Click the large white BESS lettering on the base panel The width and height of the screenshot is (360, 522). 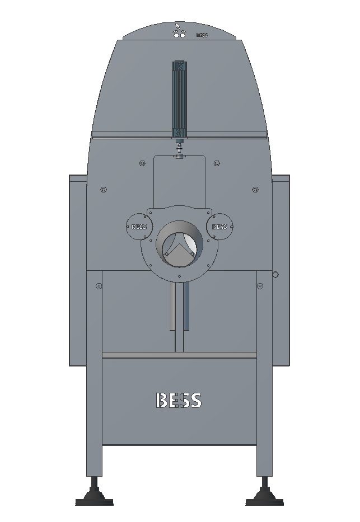coord(178,400)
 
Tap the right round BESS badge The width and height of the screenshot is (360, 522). coord(220,227)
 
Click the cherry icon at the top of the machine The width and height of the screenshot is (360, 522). coord(179,31)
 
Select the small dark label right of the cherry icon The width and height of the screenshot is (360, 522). coord(202,35)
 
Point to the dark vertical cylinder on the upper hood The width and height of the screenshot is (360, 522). coord(179,98)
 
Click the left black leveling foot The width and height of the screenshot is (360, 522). coord(94,495)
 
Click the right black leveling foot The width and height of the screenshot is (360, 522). coord(265,495)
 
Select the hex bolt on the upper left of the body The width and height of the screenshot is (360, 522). coord(104,190)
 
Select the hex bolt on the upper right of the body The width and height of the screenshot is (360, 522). coord(255,190)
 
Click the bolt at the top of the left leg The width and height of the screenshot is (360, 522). coord(99,286)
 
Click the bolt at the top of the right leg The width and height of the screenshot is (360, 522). coord(260,286)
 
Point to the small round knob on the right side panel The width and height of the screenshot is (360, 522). coord(275,275)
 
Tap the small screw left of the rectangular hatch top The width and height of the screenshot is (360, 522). coord(142,163)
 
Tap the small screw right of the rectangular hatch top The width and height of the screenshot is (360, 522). coord(216,163)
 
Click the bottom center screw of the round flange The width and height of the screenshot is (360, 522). coord(179,276)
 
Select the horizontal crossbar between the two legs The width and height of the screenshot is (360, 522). coord(179,355)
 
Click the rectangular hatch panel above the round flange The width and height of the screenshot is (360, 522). coord(179,182)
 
